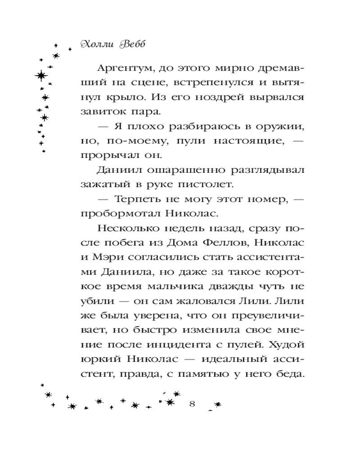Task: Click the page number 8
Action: coord(192,403)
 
